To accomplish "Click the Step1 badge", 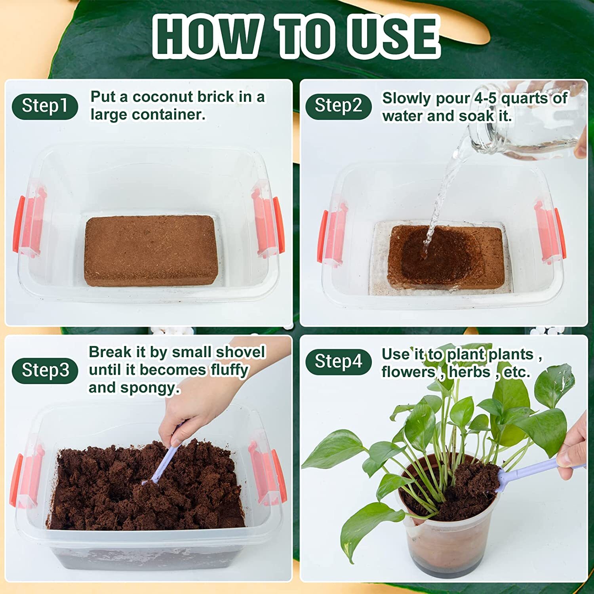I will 45,107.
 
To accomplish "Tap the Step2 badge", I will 338,107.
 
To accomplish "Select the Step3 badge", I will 45,370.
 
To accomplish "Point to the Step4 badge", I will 338,362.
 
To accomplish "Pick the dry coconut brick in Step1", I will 151,250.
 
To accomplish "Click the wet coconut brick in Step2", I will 445,255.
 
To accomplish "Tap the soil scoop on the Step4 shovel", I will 475,475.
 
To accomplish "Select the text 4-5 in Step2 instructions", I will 485,99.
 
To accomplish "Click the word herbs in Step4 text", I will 470,372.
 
